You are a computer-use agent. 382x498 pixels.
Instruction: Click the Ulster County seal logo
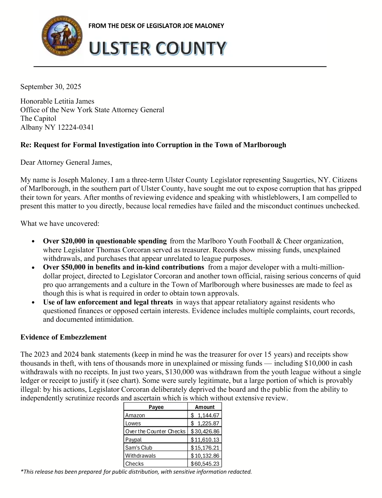(62, 36)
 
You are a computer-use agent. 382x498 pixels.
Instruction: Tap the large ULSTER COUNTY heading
(158, 48)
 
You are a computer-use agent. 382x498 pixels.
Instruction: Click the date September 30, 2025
(50, 87)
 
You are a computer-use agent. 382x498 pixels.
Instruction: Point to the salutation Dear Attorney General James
(66, 162)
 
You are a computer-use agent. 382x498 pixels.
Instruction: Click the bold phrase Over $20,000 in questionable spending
(105, 241)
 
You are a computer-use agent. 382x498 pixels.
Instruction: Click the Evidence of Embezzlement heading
(64, 337)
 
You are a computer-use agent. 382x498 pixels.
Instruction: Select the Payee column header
(156, 407)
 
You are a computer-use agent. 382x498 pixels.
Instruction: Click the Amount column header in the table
(205, 407)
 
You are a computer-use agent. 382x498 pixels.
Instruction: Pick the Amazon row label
(135, 415)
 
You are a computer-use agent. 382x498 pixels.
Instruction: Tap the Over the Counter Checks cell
(155, 431)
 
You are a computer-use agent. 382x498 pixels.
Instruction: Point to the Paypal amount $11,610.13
(205, 440)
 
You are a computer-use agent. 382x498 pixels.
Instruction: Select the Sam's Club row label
(139, 448)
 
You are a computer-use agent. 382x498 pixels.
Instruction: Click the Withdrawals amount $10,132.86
(205, 456)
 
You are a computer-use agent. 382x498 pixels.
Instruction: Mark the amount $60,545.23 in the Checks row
(205, 464)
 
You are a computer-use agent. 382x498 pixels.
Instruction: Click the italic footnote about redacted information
(136, 472)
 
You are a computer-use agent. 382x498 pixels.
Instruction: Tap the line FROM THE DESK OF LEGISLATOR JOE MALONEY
(156, 26)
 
